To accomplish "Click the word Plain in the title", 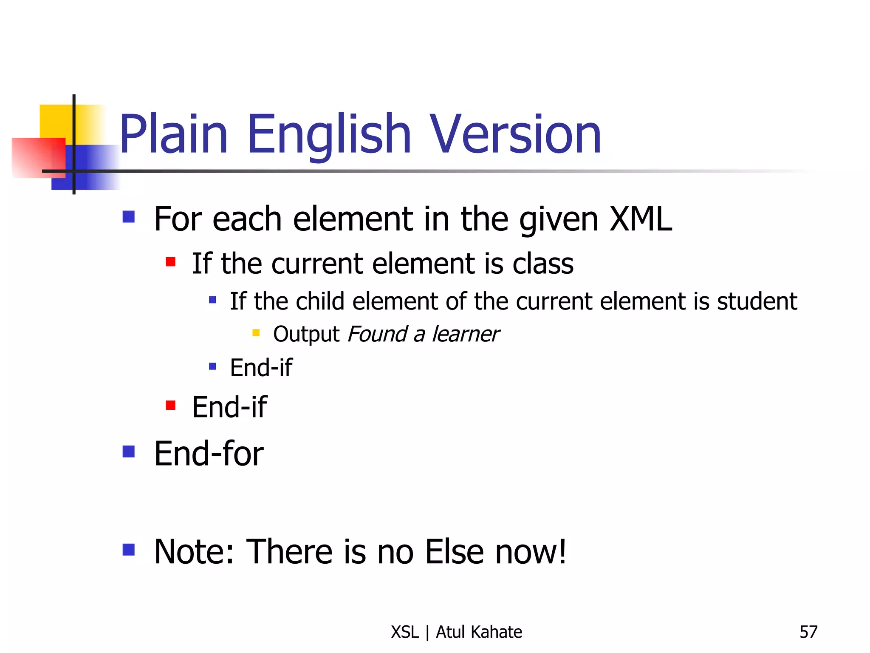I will coord(173,134).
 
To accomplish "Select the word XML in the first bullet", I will coord(641,219).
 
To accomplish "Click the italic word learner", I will coord(466,334).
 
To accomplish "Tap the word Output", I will coord(306,334).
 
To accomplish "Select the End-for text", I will coord(209,454).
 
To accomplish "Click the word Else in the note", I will coord(454,552).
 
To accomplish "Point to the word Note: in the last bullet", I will coord(194,552).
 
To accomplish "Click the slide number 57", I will coord(808,632).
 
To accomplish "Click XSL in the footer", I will coord(405,632).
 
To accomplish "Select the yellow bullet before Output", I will coord(256,333).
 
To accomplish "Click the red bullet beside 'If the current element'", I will coord(171,261).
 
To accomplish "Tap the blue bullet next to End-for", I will coord(128,451).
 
